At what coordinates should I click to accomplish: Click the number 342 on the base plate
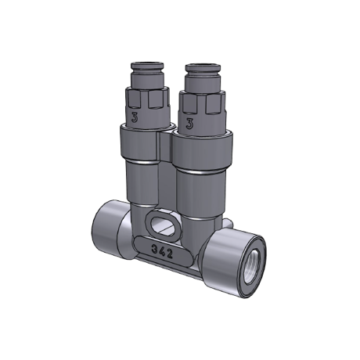[162, 251]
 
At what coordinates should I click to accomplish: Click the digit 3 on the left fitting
[135, 117]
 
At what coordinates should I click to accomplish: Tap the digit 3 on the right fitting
[189, 124]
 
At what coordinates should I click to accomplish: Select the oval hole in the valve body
[162, 225]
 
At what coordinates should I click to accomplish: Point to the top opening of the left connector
[146, 63]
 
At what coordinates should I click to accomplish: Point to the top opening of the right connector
[201, 66]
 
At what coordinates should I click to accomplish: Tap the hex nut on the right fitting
[202, 103]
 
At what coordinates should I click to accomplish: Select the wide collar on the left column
[140, 146]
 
